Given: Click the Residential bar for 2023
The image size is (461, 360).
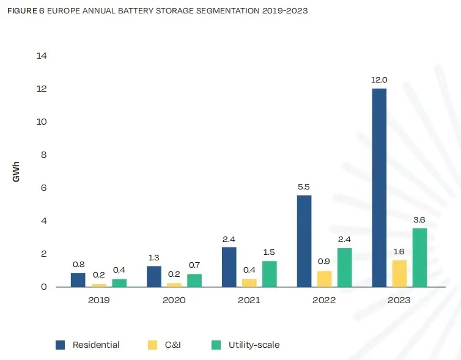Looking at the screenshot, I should (x=379, y=187).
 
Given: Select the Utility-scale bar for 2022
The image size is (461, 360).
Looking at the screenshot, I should (x=344, y=267).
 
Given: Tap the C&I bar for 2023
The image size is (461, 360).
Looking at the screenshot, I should (x=399, y=273).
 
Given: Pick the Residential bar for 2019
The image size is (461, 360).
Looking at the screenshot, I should (x=78, y=280).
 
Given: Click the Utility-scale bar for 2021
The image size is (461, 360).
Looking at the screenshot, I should (x=269, y=274).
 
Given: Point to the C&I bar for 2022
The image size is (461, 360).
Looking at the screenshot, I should (x=324, y=279).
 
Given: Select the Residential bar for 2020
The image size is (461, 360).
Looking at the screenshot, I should (x=154, y=276).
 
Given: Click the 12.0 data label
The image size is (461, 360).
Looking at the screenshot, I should (x=379, y=80).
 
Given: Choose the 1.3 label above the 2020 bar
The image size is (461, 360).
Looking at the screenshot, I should (x=154, y=258).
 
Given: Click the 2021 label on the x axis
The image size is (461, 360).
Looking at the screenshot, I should (x=249, y=300).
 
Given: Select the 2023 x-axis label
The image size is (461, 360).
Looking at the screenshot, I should (x=399, y=300).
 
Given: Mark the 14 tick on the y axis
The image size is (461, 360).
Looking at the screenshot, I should (x=42, y=56).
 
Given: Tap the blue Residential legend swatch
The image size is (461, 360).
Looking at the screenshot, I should (x=61, y=345).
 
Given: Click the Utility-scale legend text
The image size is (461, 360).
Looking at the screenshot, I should (x=254, y=345).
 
